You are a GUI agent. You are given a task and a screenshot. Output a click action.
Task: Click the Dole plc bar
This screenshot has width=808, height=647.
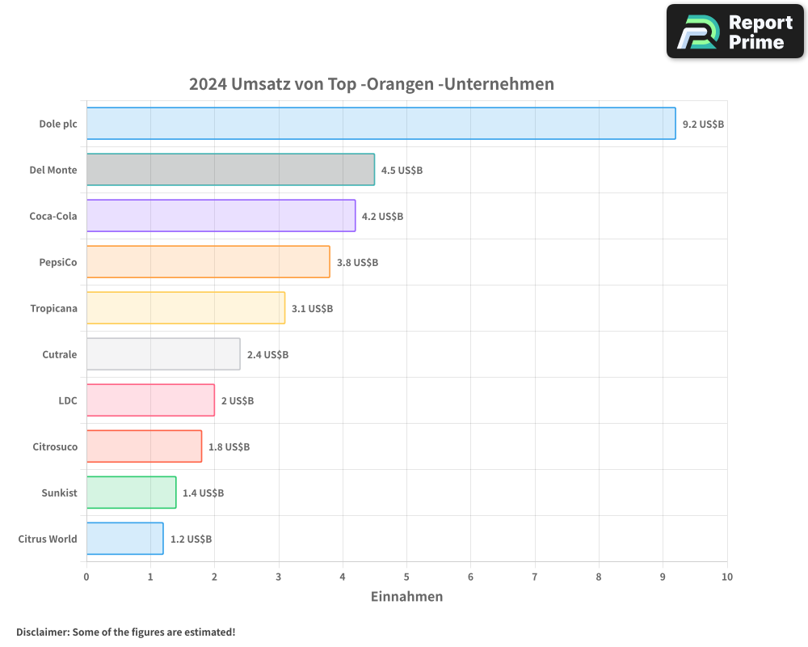click(x=381, y=123)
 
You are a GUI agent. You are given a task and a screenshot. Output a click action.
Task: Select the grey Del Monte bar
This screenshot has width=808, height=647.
click(x=230, y=170)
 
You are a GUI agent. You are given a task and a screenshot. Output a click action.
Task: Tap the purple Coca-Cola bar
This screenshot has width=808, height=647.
click(x=221, y=216)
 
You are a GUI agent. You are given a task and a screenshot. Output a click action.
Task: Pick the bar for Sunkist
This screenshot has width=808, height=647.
click(x=131, y=493)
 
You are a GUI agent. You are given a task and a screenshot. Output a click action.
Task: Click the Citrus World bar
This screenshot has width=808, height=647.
click(x=124, y=539)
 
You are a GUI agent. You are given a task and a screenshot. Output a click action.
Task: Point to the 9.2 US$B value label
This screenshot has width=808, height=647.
click(x=703, y=125)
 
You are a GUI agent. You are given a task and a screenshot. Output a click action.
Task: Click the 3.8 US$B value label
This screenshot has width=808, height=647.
click(x=357, y=263)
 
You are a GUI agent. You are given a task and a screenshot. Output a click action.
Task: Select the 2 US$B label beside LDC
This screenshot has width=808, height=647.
click(x=238, y=401)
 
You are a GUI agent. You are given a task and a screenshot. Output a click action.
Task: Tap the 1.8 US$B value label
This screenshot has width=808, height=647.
click(x=229, y=447)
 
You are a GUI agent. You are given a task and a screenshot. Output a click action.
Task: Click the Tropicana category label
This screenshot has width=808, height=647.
click(x=53, y=308)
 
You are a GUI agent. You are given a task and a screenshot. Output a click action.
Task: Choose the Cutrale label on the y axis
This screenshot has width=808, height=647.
click(x=60, y=354)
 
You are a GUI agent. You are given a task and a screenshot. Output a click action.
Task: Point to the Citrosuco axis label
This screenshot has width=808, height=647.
click(x=55, y=446)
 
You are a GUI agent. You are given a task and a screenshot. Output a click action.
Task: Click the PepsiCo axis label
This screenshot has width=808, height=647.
click(x=58, y=262)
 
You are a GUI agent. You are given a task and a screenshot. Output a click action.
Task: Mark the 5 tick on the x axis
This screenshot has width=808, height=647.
click(x=406, y=577)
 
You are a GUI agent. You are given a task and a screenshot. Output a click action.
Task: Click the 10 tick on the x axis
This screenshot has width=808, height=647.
click(x=726, y=577)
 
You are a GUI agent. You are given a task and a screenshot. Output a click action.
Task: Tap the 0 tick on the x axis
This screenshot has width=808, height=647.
click(x=86, y=577)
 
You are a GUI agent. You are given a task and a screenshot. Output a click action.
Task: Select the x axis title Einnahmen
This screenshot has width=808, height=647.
click(x=406, y=597)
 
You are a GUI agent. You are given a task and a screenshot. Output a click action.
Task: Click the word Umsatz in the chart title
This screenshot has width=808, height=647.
click(x=258, y=84)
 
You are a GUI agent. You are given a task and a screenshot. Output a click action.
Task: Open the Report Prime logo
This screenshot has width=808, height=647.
click(x=734, y=32)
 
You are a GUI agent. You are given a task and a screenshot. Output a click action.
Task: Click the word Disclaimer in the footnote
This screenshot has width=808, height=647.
click(x=42, y=632)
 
